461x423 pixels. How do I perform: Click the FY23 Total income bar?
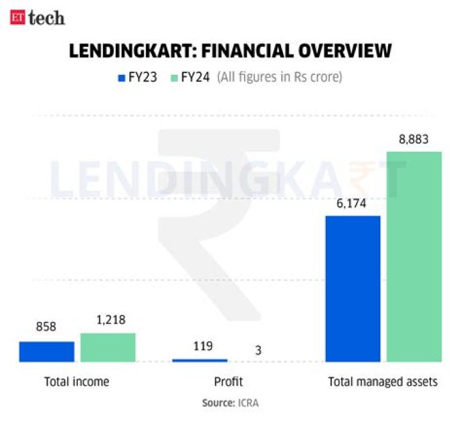47,351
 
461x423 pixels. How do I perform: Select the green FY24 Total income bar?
108,347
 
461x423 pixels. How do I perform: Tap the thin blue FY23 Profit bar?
200,360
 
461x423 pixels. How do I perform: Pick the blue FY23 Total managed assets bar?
353,289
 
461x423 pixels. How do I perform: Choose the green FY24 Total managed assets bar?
414,257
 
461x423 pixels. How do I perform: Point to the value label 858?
46,327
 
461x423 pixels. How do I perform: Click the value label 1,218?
108,319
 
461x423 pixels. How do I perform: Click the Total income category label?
77,381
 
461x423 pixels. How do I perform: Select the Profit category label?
228,381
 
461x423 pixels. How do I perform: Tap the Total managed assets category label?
383,381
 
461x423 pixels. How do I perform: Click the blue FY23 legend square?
120,78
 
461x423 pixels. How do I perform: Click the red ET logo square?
17,17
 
